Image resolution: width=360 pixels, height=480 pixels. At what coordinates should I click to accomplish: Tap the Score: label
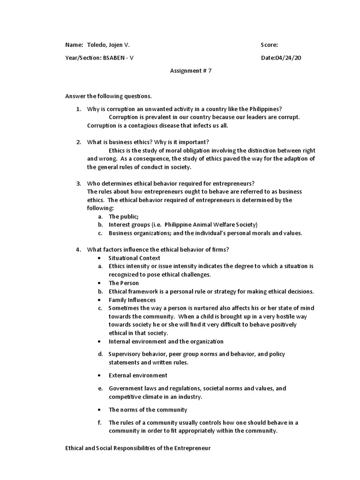pyautogui.click(x=269, y=45)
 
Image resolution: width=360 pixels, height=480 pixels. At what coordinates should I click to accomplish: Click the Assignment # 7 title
pyautogui.click(x=187, y=71)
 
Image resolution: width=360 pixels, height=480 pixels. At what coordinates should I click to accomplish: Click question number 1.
pyautogui.click(x=78, y=109)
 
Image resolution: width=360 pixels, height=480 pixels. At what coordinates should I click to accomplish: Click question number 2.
pyautogui.click(x=78, y=142)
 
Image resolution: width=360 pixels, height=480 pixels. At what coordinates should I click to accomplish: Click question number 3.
pyautogui.click(x=78, y=183)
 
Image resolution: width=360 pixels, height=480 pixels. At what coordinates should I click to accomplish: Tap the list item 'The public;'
pyautogui.click(x=124, y=217)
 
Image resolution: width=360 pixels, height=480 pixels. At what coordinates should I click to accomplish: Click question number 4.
pyautogui.click(x=78, y=249)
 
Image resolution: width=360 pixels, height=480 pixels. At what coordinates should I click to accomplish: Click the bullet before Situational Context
pyautogui.click(x=100, y=258)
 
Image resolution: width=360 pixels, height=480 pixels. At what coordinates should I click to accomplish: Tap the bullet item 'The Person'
pyautogui.click(x=124, y=283)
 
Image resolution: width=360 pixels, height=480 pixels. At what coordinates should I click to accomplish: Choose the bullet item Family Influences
pyautogui.click(x=132, y=300)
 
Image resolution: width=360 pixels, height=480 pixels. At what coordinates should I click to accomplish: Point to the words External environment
pyautogui.click(x=138, y=375)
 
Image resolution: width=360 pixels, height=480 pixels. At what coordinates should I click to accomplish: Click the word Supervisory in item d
pyautogui.click(x=125, y=354)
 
